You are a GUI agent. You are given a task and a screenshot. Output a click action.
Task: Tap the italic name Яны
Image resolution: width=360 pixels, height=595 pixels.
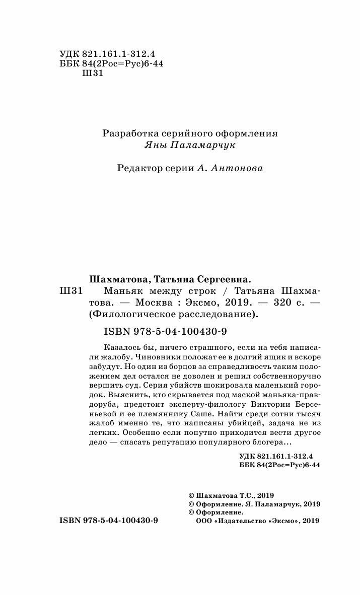(155, 145)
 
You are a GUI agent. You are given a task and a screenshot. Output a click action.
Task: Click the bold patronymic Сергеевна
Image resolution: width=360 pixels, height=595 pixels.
(222, 279)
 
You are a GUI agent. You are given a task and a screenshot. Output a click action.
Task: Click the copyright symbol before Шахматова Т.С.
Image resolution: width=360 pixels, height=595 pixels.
(190, 495)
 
